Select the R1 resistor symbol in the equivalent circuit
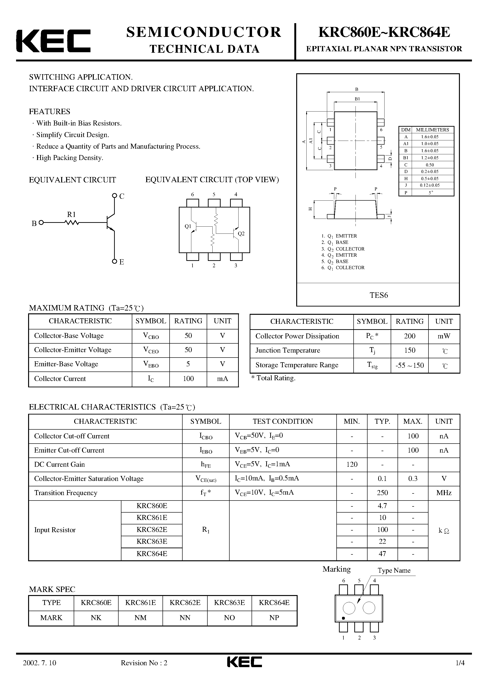pos(72,223)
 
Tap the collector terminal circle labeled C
pos(114,196)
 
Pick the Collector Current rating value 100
pos(188,379)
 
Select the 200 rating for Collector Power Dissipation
pos(410,336)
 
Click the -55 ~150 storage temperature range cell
pos(410,365)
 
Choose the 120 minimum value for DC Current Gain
pos(352,464)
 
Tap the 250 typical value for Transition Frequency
pos(382,493)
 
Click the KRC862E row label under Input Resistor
pos(152,529)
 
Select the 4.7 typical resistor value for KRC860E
pos(382,506)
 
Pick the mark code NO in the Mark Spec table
pos(229,618)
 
